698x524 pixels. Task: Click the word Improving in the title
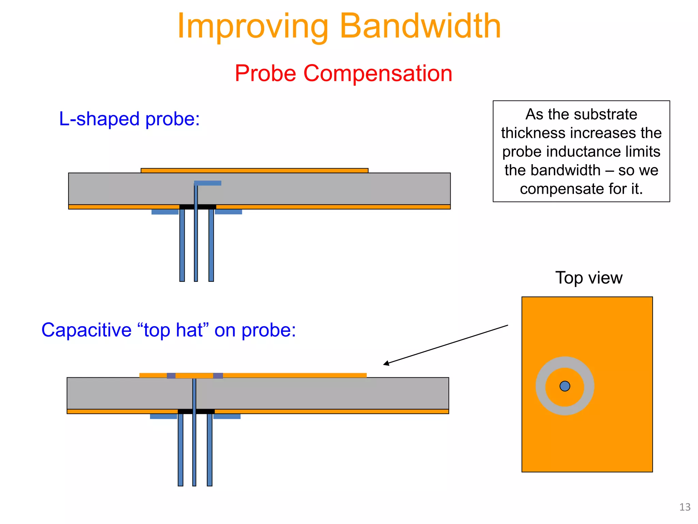(x=253, y=27)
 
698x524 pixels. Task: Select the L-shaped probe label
(x=129, y=119)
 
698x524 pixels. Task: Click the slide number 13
(x=685, y=507)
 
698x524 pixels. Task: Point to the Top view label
(x=589, y=278)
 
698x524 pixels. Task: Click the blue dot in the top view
(x=565, y=386)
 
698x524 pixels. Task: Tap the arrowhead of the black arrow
(x=386, y=364)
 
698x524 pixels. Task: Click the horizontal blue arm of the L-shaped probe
(x=209, y=183)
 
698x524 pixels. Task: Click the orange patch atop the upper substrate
(x=254, y=170)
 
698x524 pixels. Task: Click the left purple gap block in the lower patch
(x=171, y=376)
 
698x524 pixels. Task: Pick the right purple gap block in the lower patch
(x=218, y=376)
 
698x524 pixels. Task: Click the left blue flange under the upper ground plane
(x=165, y=212)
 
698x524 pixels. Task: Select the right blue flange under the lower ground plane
(x=227, y=416)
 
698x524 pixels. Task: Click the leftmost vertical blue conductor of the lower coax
(x=180, y=450)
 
